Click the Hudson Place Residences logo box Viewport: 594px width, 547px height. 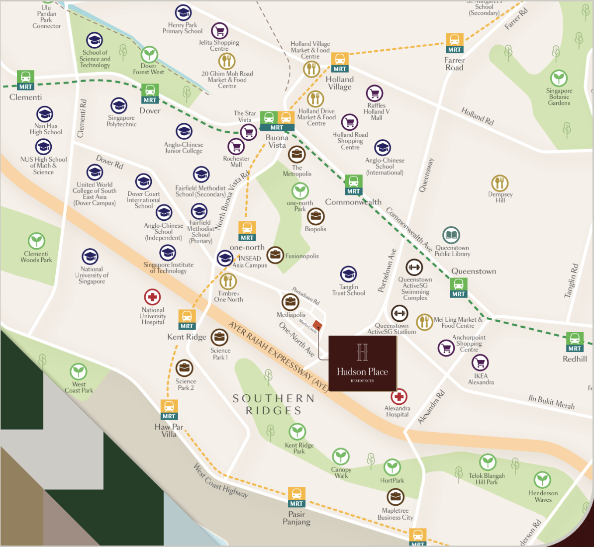coord(362,363)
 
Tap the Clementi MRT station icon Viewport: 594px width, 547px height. coord(26,80)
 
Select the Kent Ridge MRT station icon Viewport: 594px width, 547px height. coord(187,320)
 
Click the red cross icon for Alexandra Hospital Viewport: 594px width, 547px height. coord(398,396)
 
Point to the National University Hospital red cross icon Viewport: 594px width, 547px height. coord(152,297)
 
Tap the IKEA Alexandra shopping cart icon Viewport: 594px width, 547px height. coord(480,363)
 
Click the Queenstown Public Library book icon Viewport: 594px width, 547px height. coord(451,235)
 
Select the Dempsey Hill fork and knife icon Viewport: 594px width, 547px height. coord(499,183)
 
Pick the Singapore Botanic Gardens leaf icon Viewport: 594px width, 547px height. coord(559,79)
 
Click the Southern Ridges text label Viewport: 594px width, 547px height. coord(274,404)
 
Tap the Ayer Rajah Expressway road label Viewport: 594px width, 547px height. coord(278,356)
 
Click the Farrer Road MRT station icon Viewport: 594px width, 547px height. coord(454,43)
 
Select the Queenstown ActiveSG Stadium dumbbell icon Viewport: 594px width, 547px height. coord(399,313)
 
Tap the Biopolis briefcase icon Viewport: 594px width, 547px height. coord(315,216)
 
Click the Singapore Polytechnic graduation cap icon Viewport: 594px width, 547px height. coord(119,105)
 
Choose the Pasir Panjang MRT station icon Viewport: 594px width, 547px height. coord(297,497)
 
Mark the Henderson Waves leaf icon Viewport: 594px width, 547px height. coord(542,480)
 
